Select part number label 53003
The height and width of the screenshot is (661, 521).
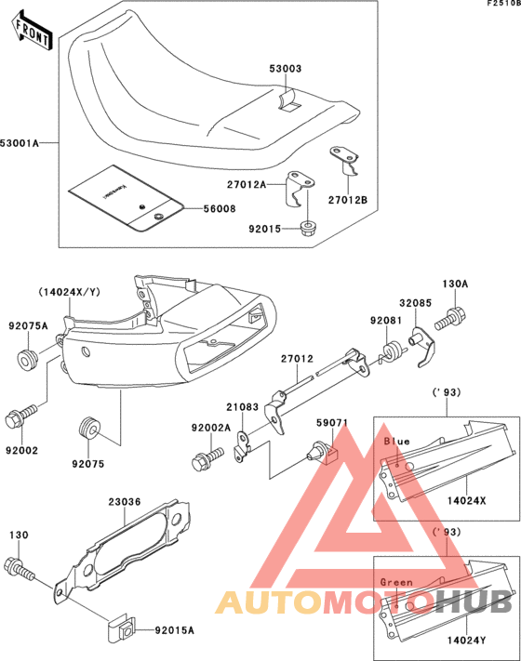pyautogui.click(x=287, y=70)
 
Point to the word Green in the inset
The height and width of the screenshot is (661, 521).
pyautogui.click(x=397, y=583)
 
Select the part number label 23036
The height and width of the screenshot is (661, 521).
pyautogui.click(x=124, y=502)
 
